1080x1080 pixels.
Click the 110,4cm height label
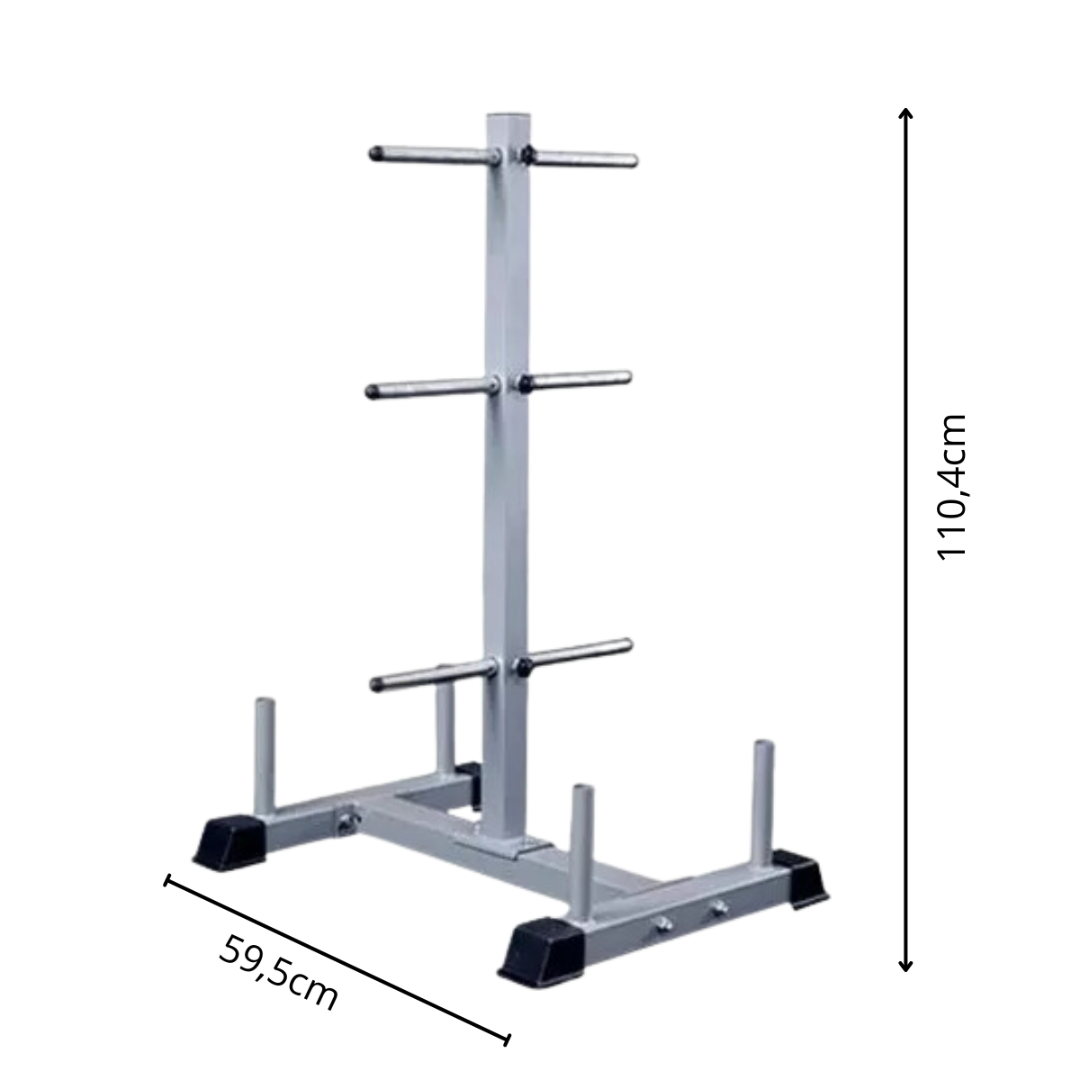pos(951,487)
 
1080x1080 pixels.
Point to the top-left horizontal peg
pos(435,155)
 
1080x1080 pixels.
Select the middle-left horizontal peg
pos(432,388)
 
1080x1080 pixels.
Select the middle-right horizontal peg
pos(574,381)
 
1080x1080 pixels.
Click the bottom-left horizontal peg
pos(433,676)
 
